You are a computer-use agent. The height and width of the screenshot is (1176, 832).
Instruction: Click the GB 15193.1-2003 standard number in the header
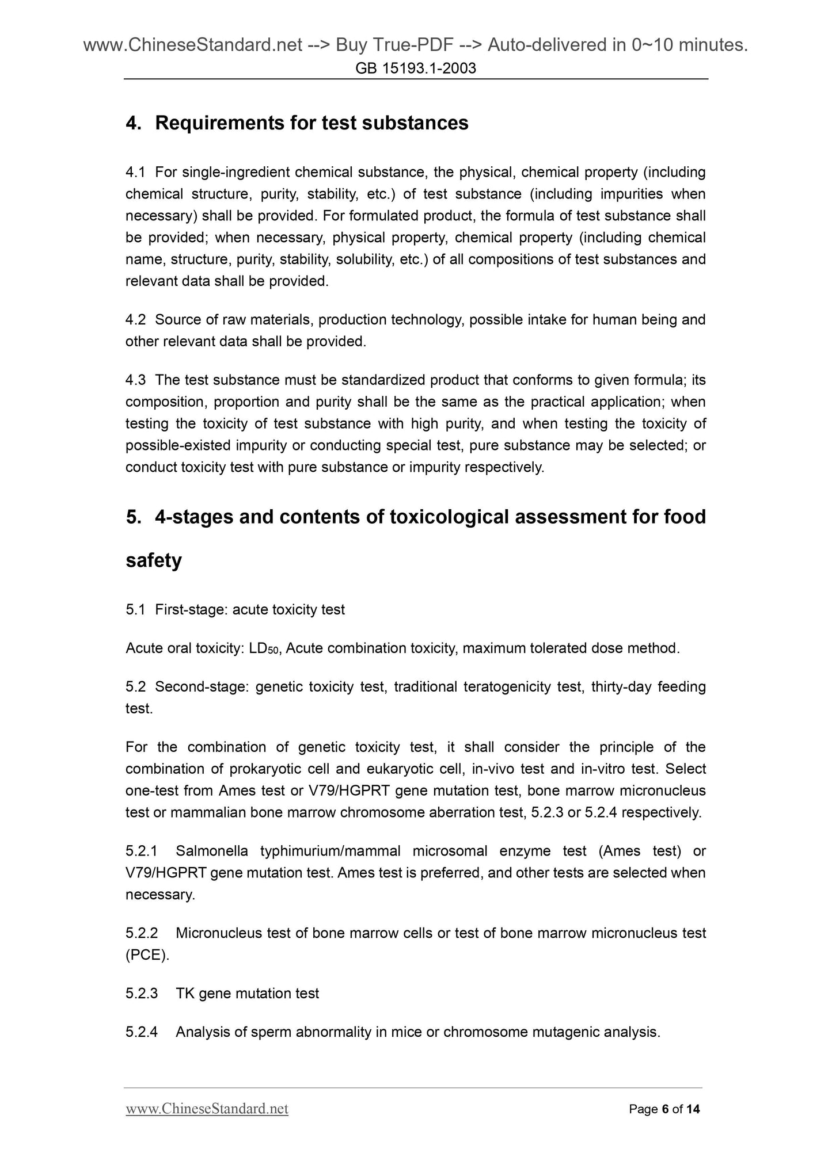416,69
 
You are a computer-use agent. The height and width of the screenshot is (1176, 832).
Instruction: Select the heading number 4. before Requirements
134,123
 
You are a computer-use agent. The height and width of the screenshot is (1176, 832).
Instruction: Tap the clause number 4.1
135,172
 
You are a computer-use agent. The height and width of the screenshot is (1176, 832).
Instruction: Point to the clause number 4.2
135,319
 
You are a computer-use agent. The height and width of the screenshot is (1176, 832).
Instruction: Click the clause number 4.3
135,380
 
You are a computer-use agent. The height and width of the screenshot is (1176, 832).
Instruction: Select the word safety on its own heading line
154,560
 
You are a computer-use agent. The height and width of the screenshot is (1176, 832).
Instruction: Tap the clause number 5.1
135,609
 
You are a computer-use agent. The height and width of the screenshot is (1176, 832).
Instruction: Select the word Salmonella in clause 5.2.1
212,851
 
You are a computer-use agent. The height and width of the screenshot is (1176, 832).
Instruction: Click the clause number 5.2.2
142,933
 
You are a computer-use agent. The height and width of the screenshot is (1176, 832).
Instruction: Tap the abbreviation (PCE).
147,955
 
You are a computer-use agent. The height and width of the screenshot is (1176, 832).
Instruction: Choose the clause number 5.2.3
142,994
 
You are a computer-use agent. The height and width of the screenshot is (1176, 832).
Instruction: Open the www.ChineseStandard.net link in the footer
207,1109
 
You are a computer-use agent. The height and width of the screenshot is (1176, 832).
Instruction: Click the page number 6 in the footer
665,1109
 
